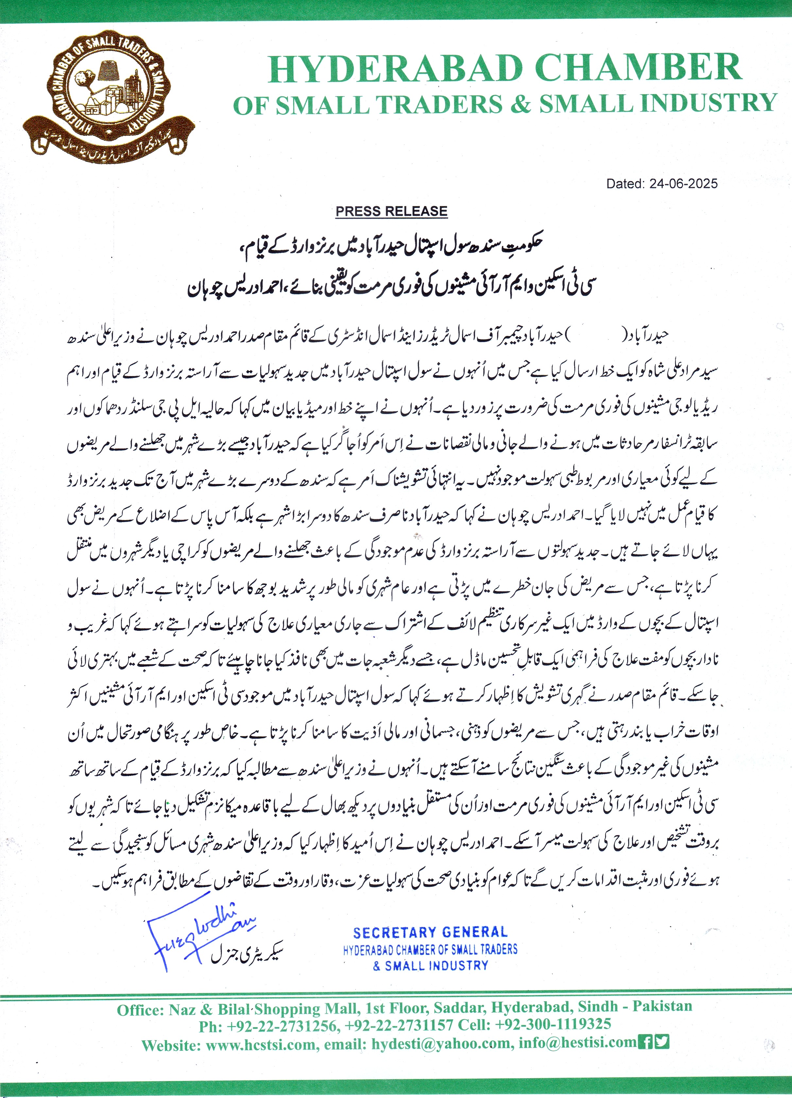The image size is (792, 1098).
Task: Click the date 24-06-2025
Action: tap(683, 183)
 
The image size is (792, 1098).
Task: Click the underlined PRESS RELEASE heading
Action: tap(391, 211)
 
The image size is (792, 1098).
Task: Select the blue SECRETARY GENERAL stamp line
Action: tap(430, 933)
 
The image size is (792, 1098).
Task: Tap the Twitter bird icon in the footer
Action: tap(661, 1041)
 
